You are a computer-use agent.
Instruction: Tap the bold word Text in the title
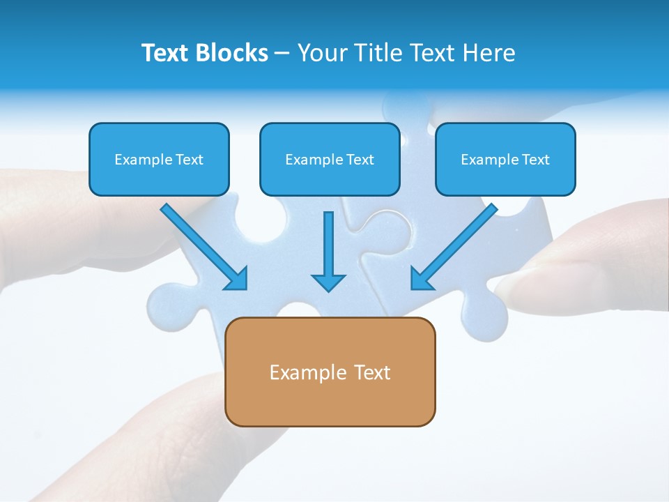click(x=168, y=53)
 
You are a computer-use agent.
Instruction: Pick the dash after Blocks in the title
click(x=282, y=54)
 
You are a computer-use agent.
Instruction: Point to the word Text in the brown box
click(x=373, y=372)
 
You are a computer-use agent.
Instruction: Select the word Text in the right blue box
click(x=535, y=160)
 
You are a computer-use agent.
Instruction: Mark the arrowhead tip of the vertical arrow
click(x=328, y=289)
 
